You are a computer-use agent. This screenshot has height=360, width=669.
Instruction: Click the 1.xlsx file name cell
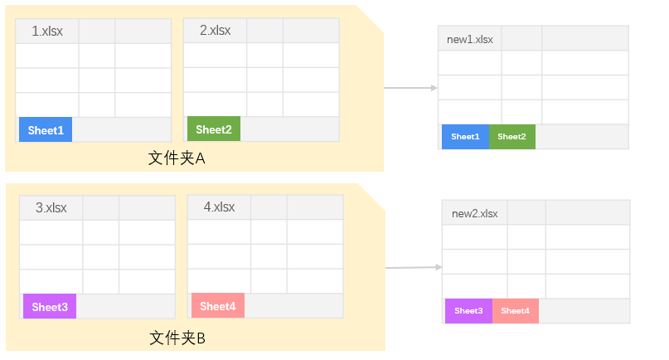[47, 32]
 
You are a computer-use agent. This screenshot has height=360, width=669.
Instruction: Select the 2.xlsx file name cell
[215, 31]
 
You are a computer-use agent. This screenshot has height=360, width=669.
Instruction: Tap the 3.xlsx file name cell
[51, 207]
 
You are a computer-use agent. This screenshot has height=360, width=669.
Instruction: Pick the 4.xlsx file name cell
[219, 207]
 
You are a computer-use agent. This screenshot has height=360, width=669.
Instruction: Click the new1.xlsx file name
[469, 39]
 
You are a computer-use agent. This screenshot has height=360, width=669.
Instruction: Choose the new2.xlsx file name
[474, 213]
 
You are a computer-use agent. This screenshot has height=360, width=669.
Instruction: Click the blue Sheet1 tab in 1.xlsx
[46, 130]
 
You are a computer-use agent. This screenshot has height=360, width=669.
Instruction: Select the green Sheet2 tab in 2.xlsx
[214, 129]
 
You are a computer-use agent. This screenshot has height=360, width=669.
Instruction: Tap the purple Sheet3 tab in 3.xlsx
[50, 307]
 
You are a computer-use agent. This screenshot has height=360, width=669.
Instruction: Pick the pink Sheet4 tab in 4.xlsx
[218, 306]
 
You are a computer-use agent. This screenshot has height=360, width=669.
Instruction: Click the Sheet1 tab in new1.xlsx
[465, 137]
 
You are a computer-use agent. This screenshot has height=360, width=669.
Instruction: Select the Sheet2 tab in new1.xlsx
[511, 137]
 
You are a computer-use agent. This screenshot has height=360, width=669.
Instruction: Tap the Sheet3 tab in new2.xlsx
[468, 311]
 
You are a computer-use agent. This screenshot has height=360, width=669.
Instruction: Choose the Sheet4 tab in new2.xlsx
[515, 311]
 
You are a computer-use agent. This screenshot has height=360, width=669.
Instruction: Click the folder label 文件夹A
[177, 158]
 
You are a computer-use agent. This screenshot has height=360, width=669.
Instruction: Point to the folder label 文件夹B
[177, 338]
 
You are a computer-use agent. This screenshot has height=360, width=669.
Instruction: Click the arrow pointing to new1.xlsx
[410, 87]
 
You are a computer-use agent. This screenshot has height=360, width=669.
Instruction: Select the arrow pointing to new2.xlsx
[413, 267]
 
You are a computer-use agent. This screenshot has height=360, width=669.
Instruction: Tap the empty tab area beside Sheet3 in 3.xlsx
[124, 306]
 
